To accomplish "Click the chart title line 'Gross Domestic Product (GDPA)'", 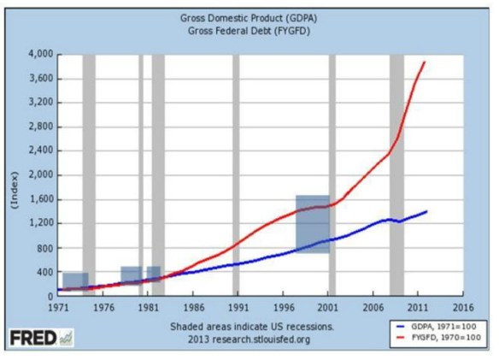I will coord(247,17).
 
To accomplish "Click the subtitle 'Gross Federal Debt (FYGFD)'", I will coord(247,31).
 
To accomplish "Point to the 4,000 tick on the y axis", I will coord(42,54).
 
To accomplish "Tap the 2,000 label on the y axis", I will coord(42,175).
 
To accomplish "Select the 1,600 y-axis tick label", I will coord(42,199).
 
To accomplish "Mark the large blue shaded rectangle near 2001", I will coord(313,224).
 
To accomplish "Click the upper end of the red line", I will coord(425,62).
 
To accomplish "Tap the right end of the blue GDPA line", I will coord(426,211).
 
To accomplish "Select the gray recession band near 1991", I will coord(236,175).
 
